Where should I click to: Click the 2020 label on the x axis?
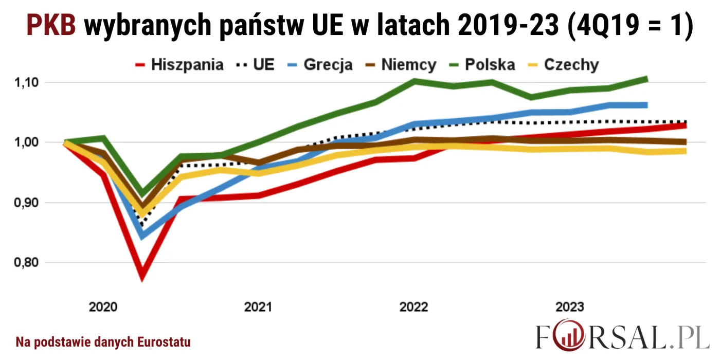tap(103, 308)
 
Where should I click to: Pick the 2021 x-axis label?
tap(258, 308)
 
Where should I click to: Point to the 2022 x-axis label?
tap(413, 308)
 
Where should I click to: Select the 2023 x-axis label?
tap(569, 308)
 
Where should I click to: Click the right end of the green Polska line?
tap(646, 79)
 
